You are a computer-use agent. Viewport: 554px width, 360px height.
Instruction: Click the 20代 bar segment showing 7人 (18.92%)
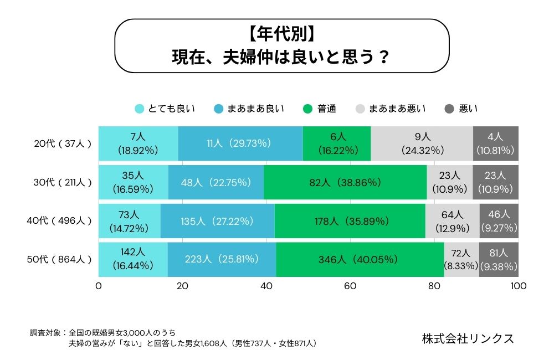(138, 143)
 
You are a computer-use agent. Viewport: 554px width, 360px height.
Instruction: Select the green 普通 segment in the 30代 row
(345, 182)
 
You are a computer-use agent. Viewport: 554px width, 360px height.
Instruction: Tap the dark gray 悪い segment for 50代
(499, 259)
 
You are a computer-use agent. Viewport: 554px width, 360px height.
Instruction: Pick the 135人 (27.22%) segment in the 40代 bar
(217, 220)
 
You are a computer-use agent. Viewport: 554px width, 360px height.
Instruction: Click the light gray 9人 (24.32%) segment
(422, 143)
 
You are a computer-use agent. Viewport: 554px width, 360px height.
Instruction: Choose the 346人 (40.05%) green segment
(360, 259)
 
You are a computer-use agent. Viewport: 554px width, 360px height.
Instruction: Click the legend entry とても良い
(165, 109)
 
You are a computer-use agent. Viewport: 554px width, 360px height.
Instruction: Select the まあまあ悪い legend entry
(391, 109)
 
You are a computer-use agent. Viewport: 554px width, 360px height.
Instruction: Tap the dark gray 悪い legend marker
(449, 109)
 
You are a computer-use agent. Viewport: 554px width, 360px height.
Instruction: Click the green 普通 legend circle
(308, 109)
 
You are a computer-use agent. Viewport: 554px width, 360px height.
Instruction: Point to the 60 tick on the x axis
(350, 286)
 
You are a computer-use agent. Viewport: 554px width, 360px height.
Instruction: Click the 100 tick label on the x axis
(518, 286)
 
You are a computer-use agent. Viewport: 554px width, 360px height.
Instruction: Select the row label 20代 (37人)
(62, 143)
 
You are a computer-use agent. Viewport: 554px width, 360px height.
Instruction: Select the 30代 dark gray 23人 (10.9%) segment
(496, 182)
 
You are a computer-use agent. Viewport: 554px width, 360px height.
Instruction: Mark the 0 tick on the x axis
(99, 286)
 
